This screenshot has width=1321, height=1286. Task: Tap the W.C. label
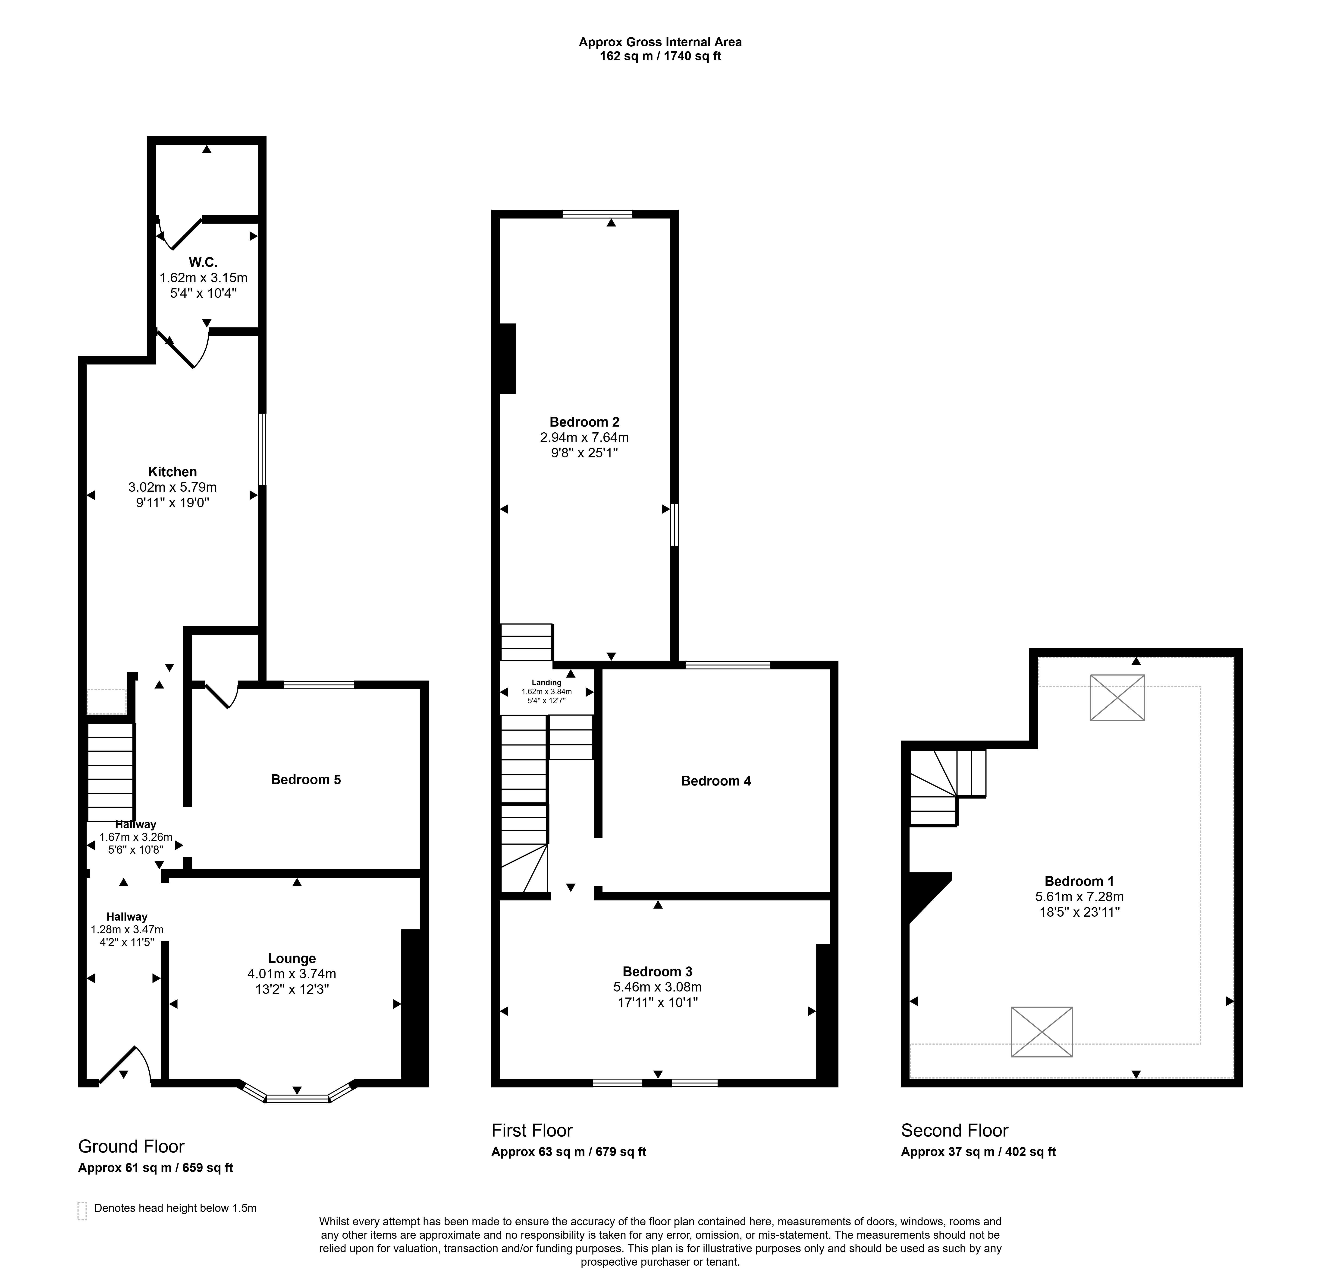pyautogui.click(x=203, y=262)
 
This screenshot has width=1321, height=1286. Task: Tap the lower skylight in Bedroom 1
pyautogui.click(x=1042, y=1031)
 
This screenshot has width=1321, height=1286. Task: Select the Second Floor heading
pyautogui.click(x=954, y=1130)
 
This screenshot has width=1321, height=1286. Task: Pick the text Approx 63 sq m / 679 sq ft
pyautogui.click(x=568, y=1152)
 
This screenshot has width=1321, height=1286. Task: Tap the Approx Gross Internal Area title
pyautogui.click(x=660, y=42)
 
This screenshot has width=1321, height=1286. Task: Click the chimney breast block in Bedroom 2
pyautogui.click(x=508, y=359)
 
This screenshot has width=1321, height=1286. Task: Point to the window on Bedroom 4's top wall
pyautogui.click(x=728, y=665)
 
